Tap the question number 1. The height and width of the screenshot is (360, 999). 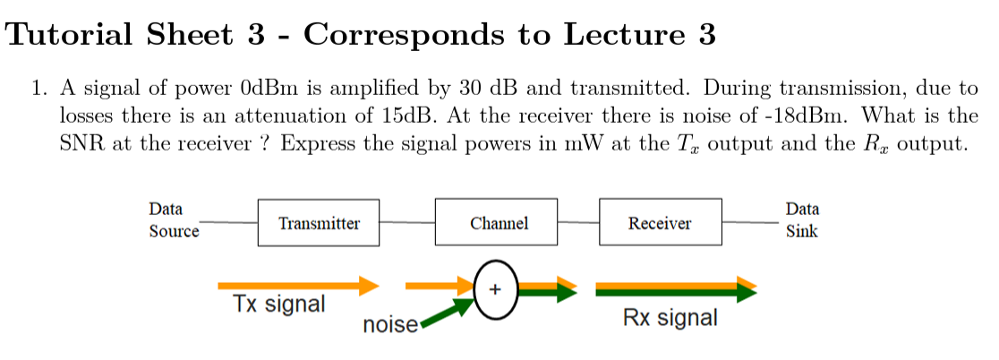tap(37, 89)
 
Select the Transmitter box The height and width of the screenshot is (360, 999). tap(319, 223)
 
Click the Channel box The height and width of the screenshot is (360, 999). tap(498, 223)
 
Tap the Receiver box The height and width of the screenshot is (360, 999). tap(660, 223)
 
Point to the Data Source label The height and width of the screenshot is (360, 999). tap(173, 220)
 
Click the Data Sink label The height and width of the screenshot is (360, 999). tap(802, 220)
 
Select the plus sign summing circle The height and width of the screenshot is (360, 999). tap(496, 289)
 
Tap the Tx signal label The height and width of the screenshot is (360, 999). tap(279, 304)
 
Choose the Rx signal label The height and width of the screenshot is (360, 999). tap(670, 318)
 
